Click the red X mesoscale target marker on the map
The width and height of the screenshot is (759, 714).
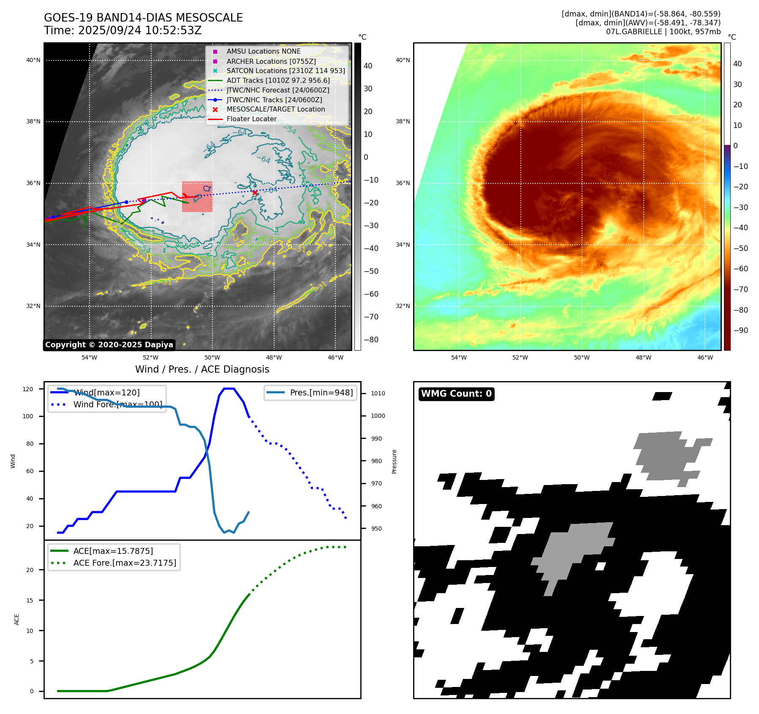tap(255, 193)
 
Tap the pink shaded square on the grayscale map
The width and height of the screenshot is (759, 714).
tap(197, 196)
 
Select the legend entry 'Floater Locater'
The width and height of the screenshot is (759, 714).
tap(251, 119)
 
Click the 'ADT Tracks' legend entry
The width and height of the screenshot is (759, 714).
tap(278, 80)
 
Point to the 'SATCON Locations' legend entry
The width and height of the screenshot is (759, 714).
tap(286, 71)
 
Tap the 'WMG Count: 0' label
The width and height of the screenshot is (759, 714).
tap(456, 394)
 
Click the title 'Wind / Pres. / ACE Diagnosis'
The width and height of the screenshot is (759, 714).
tap(202, 369)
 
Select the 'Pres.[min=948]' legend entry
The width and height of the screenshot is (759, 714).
tap(321, 392)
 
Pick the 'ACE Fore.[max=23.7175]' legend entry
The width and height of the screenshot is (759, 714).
tap(125, 563)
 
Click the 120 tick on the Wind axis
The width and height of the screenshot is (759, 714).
tap(28, 389)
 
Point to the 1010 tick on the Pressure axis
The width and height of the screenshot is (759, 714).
tap(378, 393)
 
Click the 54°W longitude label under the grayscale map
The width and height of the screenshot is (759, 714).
tap(89, 357)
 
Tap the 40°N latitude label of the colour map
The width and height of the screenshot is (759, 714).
tap(403, 60)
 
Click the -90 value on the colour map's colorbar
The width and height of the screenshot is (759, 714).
tap(740, 330)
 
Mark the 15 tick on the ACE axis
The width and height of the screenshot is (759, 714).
tap(30, 600)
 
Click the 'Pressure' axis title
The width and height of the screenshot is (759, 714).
tap(394, 461)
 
